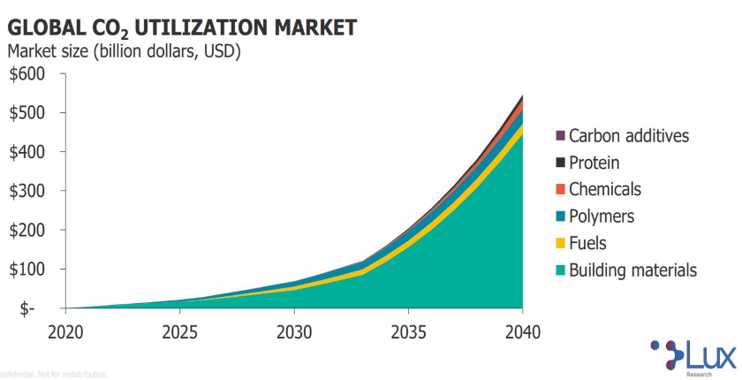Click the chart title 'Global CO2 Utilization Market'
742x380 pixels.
pos(182,26)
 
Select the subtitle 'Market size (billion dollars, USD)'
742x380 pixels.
pos(124,51)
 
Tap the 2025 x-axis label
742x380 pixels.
pos(179,332)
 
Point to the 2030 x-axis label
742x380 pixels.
pos(293,332)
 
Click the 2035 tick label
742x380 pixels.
pos(408,332)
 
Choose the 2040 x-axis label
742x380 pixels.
pos(522,332)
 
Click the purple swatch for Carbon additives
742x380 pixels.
pos(559,136)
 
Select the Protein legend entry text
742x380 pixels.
pos(594,163)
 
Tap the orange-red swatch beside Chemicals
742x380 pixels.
pos(559,190)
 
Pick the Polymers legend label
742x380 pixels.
pos(601,217)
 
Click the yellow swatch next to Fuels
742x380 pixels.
pos(559,244)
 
